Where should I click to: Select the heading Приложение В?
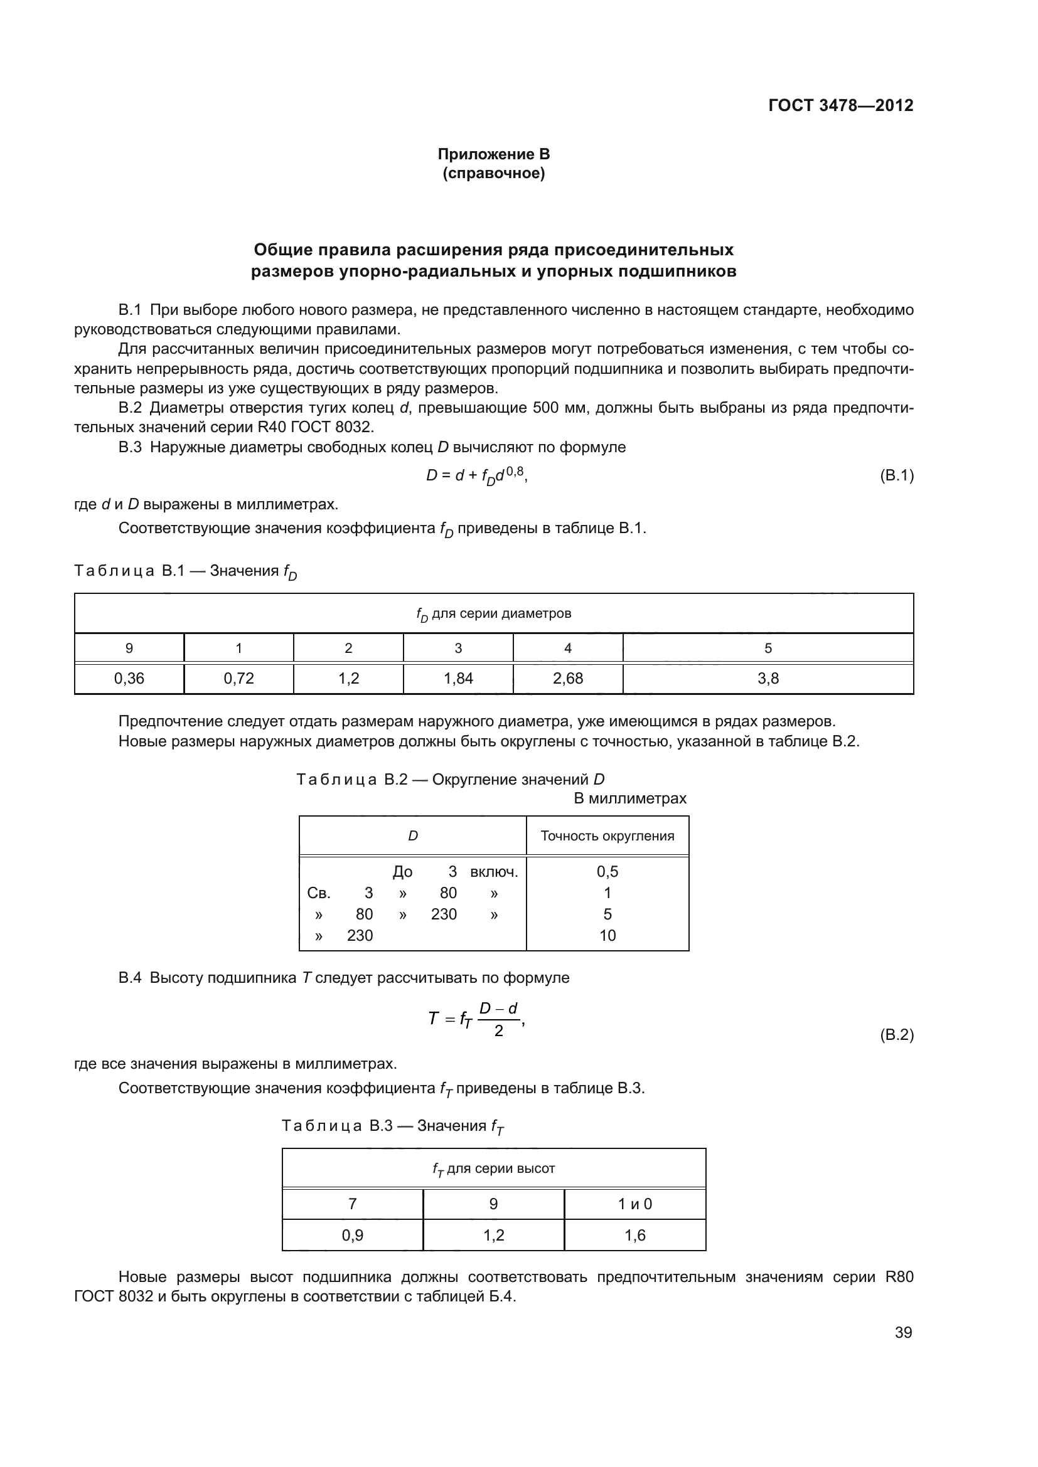pos(493,154)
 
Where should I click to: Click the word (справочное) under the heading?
pos(493,174)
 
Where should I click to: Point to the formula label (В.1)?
pos(897,475)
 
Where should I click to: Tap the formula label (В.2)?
pos(897,1034)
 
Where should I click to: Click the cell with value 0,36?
pos(129,679)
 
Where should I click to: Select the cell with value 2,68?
pos(567,679)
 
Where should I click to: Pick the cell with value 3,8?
pos(768,679)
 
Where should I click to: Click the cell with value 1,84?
pos(458,679)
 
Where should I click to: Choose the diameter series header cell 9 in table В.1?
pos(129,648)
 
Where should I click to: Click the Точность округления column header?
pos(607,835)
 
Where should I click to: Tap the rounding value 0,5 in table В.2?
pos(607,872)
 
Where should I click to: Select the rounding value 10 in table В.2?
pos(607,935)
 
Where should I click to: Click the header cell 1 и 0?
pos(634,1204)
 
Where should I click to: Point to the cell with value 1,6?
pos(634,1235)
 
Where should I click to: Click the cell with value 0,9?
pos(352,1235)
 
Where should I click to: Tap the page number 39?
pos(903,1332)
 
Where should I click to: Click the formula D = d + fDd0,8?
pos(477,476)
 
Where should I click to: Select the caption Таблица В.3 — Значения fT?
pos(392,1126)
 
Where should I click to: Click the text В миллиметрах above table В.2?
pos(629,798)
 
